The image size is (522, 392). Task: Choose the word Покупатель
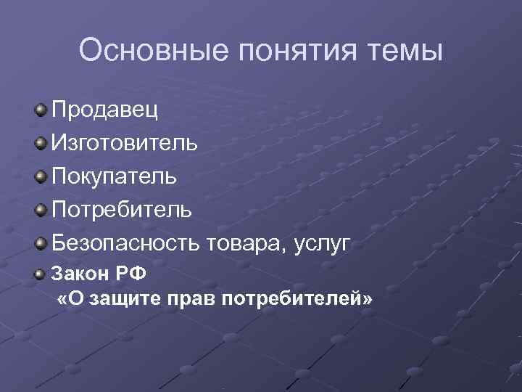pyautogui.click(x=114, y=176)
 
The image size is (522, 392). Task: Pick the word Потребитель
pyautogui.click(x=122, y=210)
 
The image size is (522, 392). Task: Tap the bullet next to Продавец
pyautogui.click(x=41, y=110)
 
